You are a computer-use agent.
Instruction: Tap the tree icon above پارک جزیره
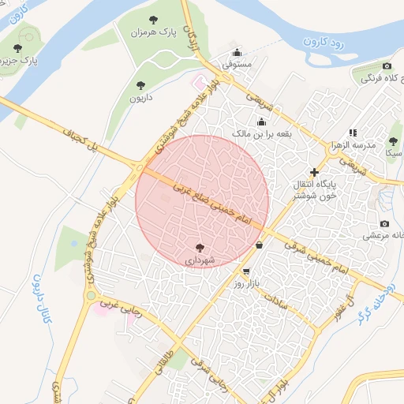pyautogui.click(x=17, y=48)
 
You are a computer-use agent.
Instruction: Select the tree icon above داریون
pyautogui.click(x=141, y=84)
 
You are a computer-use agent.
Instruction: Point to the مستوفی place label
pyautogui.click(x=236, y=65)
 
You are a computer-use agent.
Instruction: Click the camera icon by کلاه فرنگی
pyautogui.click(x=387, y=65)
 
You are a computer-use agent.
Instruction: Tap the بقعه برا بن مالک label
pyautogui.click(x=260, y=134)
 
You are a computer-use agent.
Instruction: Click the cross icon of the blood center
pyautogui.click(x=314, y=171)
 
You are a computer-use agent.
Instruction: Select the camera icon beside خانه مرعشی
pyautogui.click(x=384, y=224)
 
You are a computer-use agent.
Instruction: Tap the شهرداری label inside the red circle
pyautogui.click(x=200, y=259)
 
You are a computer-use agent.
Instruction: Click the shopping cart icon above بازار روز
pyautogui.click(x=247, y=271)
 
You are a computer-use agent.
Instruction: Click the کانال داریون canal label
pyautogui.click(x=43, y=303)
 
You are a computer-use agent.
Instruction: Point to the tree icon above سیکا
pyautogui.click(x=393, y=142)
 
